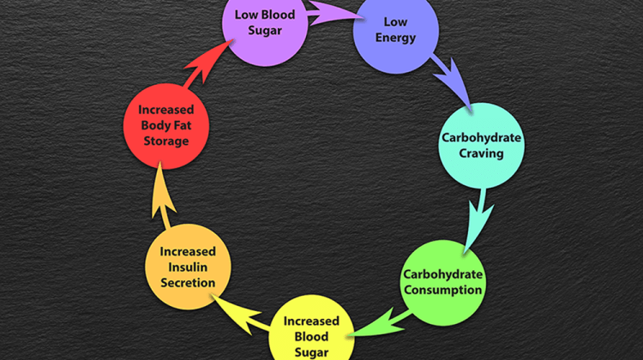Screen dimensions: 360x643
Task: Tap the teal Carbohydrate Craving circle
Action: click(x=480, y=146)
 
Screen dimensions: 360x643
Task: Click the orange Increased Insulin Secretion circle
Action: click(x=188, y=267)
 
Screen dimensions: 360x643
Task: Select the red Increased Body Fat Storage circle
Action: click(x=165, y=124)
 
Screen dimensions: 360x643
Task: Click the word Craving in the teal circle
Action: click(x=481, y=153)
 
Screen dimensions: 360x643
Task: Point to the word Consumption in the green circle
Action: click(x=443, y=289)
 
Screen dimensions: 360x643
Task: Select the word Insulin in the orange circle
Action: click(x=188, y=267)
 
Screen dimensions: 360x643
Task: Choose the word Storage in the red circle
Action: click(x=165, y=140)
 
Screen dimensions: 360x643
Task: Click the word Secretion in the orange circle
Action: click(x=188, y=282)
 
